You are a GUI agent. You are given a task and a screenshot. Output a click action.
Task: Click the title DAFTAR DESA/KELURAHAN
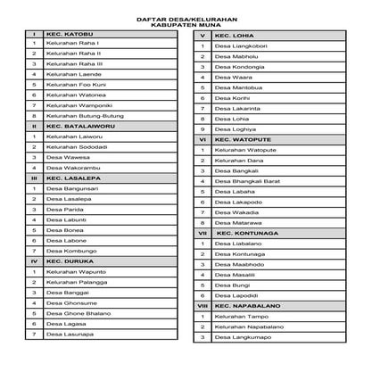coord(185,17)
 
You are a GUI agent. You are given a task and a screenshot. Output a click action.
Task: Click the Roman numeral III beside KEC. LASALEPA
coord(34,178)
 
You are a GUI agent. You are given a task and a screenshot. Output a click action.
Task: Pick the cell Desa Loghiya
coord(235,129)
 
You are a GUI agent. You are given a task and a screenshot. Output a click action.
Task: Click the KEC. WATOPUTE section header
coord(243,139)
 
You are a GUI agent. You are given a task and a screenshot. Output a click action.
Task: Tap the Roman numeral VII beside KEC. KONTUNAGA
coord(203,233)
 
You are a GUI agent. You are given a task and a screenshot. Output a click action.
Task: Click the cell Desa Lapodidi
coord(236,295)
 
